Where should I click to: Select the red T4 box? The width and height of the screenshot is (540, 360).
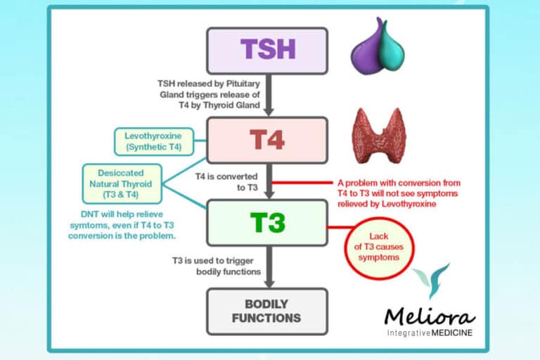click(x=266, y=140)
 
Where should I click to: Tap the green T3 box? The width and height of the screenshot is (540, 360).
click(x=266, y=222)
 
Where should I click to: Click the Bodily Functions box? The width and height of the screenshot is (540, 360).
click(x=266, y=311)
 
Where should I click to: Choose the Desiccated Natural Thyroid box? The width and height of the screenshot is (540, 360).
click(x=122, y=183)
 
